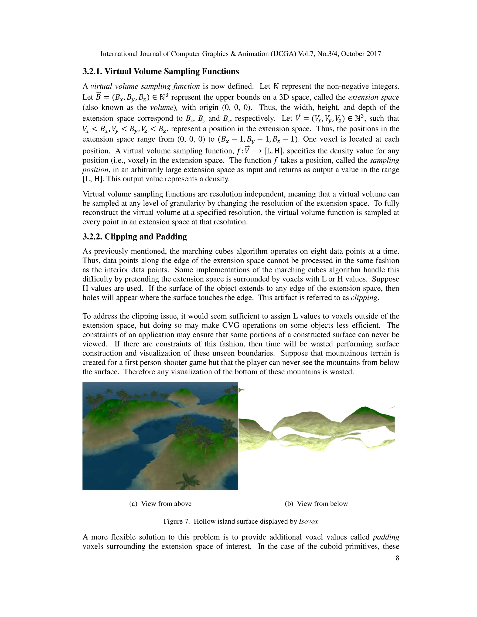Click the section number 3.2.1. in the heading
(x=92, y=71)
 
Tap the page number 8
(x=397, y=558)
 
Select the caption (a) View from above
(x=160, y=503)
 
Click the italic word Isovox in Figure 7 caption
(x=308, y=521)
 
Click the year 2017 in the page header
(x=374, y=54)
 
